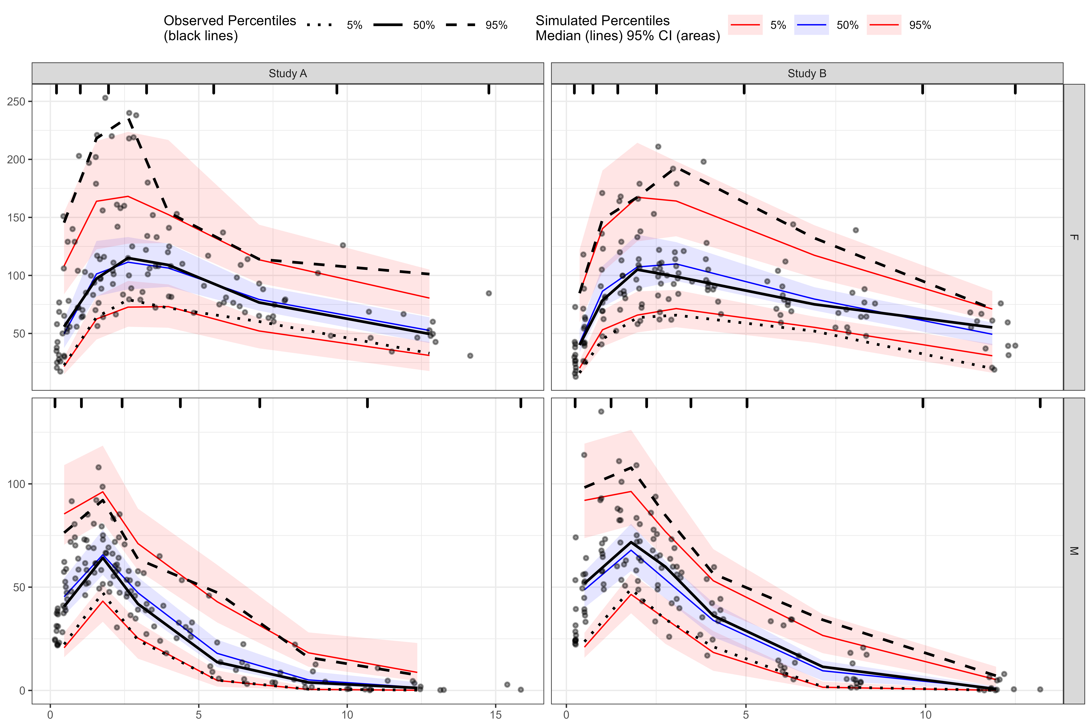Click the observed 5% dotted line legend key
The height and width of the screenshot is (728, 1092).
[320, 25]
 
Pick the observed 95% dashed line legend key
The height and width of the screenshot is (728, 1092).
[460, 25]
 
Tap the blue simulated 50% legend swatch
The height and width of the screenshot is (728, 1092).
[811, 25]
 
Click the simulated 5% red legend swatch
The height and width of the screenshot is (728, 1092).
[745, 25]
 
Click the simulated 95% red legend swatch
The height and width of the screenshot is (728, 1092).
[884, 25]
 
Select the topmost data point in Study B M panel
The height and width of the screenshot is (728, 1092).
[601, 411]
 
